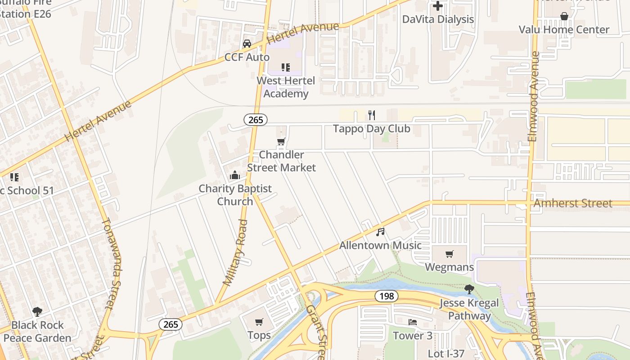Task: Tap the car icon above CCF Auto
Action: (x=247, y=44)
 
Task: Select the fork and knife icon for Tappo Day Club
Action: (x=371, y=115)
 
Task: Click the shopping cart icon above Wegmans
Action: (x=449, y=254)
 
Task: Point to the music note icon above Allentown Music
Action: (x=380, y=232)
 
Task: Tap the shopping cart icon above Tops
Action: (x=259, y=322)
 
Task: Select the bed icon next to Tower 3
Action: (x=412, y=322)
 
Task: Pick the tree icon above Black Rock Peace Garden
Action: (x=37, y=311)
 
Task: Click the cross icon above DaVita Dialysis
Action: (x=437, y=6)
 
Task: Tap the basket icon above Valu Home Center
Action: (x=564, y=17)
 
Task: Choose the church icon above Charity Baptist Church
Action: (x=235, y=175)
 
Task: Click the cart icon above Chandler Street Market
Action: (x=281, y=142)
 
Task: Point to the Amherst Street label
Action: (x=572, y=203)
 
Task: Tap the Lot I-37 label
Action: (x=446, y=354)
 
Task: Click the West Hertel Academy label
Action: (x=286, y=87)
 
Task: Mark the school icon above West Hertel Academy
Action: (x=286, y=67)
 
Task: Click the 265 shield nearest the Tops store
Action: (x=171, y=324)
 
